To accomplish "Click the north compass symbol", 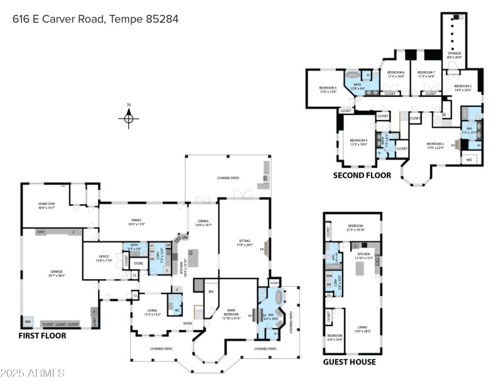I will tap(128, 118).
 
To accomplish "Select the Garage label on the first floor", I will tap(57, 273).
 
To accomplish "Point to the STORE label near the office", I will tap(138, 263).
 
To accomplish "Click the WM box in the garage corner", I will tap(28, 322).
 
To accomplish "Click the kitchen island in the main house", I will tap(194, 258).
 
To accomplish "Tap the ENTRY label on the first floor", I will tap(188, 324).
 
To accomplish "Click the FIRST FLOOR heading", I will tap(42, 336).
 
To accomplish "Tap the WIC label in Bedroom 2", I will tap(469, 160).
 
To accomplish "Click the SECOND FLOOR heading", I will tap(362, 175).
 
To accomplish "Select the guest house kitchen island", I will tap(361, 269).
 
